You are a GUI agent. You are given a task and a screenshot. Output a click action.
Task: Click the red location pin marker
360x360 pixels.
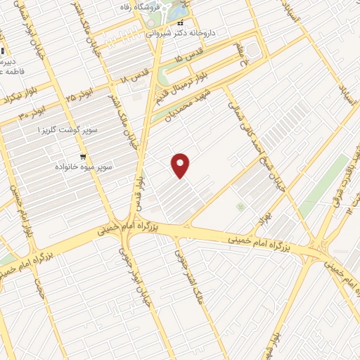[181, 165]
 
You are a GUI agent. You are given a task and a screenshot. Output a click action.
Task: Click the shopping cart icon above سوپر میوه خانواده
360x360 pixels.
[84, 156]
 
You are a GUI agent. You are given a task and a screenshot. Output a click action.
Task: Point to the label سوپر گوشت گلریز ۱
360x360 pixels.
[68, 131]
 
